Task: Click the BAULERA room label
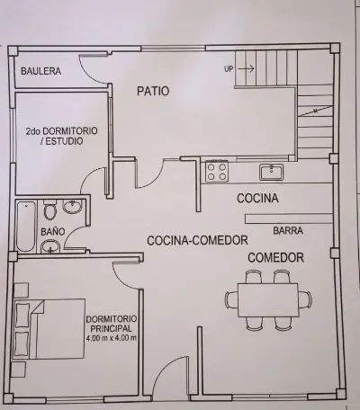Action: [40, 71]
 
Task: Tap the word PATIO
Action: [153, 91]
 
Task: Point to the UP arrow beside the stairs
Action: [246, 68]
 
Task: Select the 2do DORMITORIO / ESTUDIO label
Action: [61, 136]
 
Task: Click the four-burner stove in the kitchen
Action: [217, 171]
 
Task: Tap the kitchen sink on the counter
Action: [271, 172]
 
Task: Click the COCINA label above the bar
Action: [257, 199]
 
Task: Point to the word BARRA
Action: [288, 230]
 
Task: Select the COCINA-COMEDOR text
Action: [197, 240]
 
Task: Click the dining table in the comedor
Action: [268, 300]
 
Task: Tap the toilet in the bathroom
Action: [50, 209]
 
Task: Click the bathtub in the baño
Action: [25, 227]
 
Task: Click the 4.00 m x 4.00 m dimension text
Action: [112, 338]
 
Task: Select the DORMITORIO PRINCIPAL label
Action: [112, 324]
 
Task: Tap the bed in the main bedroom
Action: [49, 328]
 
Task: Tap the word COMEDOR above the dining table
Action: [275, 258]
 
